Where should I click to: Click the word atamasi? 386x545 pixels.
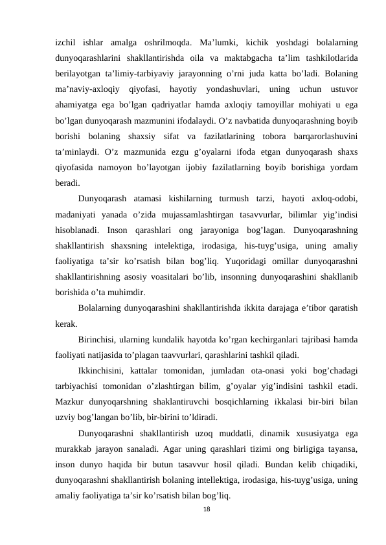(x=149, y=197)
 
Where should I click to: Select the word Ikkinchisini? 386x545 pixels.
(x=101, y=370)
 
